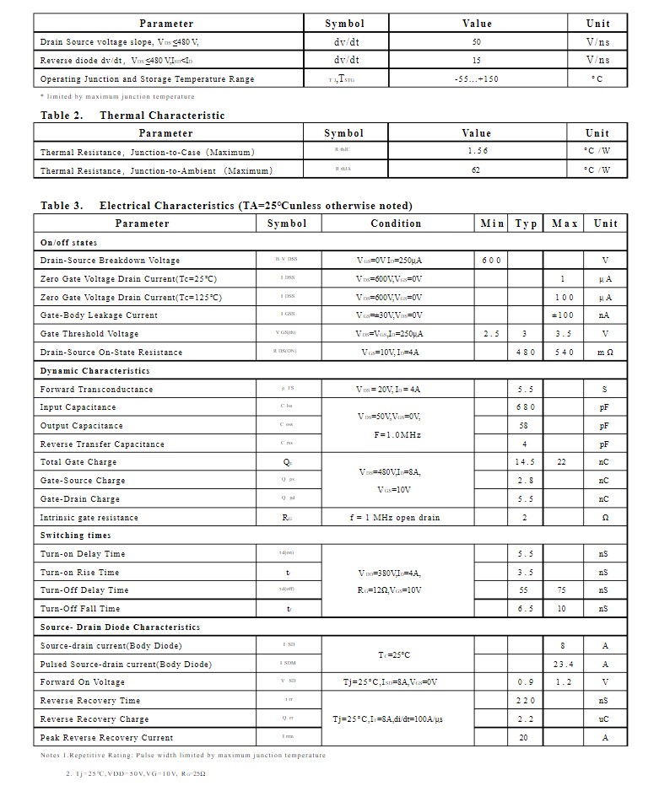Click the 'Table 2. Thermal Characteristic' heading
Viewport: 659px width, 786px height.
pyautogui.click(x=132, y=116)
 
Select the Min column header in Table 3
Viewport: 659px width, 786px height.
pyautogui.click(x=492, y=223)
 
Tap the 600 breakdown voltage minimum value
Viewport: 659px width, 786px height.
pyautogui.click(x=492, y=261)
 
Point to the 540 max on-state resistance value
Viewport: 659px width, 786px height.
pyautogui.click(x=562, y=353)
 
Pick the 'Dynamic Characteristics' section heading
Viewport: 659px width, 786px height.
pyautogui.click(x=95, y=371)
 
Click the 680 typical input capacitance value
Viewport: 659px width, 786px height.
pyautogui.click(x=525, y=407)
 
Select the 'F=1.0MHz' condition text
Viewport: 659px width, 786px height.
pyautogui.click(x=397, y=435)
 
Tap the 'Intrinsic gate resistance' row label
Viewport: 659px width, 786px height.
pyautogui.click(x=89, y=518)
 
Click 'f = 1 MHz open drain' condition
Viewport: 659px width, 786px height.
pyautogui.click(x=394, y=518)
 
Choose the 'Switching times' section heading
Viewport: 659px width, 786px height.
pyautogui.click(x=75, y=536)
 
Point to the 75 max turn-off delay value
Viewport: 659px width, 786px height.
pyautogui.click(x=562, y=590)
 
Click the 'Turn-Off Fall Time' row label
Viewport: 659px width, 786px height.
pyautogui.click(x=80, y=609)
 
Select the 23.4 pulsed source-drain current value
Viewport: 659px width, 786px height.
pyautogui.click(x=563, y=665)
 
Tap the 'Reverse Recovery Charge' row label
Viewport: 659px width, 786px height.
pyautogui.click(x=94, y=719)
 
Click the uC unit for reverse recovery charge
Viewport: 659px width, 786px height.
pyautogui.click(x=604, y=719)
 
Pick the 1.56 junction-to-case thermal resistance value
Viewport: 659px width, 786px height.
pyautogui.click(x=478, y=152)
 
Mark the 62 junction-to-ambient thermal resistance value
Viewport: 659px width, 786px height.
pyautogui.click(x=477, y=170)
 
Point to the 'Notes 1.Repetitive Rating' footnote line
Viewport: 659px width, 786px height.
pyautogui.click(x=182, y=756)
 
